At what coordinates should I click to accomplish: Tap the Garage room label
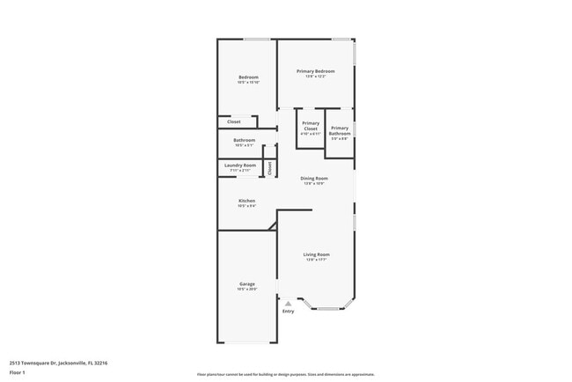[x=247, y=283]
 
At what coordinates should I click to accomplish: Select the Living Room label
[x=316, y=254]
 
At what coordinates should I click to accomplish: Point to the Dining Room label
[x=314, y=178]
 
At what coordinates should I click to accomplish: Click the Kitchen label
[x=247, y=200]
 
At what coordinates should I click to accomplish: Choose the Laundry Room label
[x=240, y=165]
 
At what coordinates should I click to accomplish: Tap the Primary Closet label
[x=311, y=126]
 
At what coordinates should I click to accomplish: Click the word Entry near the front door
[x=288, y=312]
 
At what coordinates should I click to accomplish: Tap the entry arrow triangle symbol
[x=288, y=304]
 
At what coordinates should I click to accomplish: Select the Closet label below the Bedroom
[x=234, y=121]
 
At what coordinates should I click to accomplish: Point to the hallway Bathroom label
[x=245, y=139]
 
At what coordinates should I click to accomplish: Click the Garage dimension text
[x=247, y=289]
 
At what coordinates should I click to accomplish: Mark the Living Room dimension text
[x=316, y=260]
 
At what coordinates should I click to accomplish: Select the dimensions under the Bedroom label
[x=248, y=83]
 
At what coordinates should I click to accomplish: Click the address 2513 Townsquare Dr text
[x=57, y=361]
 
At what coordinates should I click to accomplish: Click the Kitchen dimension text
[x=247, y=205]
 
